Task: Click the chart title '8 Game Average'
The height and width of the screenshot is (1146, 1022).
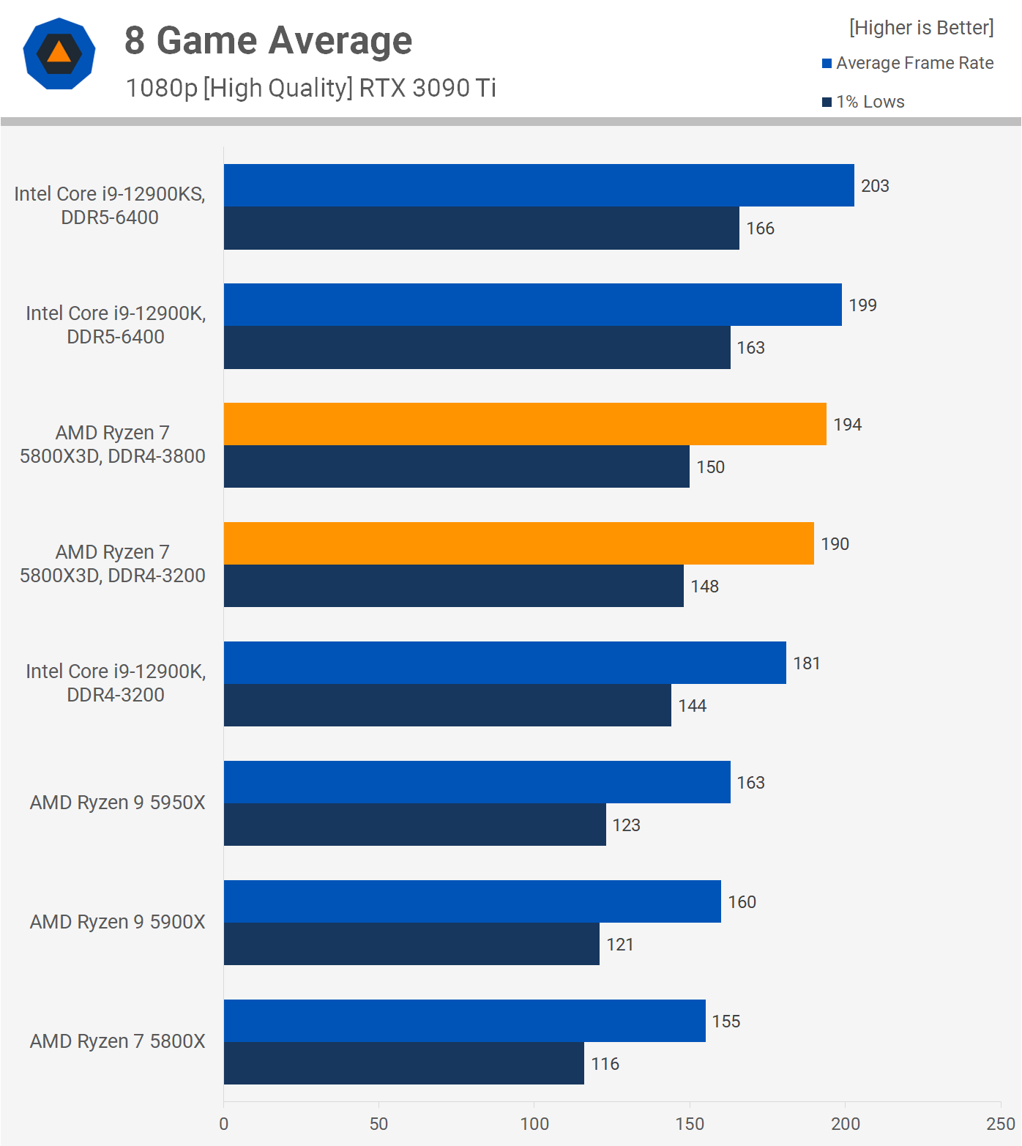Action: [268, 40]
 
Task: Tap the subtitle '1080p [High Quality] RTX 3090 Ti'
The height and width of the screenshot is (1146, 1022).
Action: [310, 88]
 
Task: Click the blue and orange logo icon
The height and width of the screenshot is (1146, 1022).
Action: [59, 53]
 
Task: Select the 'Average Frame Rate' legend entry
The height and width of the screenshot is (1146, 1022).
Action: [914, 63]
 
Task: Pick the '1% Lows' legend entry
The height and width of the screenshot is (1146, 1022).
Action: [870, 102]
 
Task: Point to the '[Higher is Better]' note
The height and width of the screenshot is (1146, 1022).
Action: [921, 28]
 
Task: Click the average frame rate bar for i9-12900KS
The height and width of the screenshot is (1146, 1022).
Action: [539, 185]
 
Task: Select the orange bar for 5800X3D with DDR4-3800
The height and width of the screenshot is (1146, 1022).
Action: [525, 424]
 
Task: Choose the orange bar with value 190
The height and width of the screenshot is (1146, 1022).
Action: [518, 543]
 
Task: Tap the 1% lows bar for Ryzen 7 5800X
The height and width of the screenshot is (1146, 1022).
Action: [403, 1063]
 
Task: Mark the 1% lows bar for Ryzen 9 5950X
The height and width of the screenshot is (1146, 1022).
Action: [414, 825]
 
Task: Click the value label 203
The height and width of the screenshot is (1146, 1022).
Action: [875, 186]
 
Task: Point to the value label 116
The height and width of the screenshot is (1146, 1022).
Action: [605, 1064]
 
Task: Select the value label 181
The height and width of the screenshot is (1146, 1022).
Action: [807, 663]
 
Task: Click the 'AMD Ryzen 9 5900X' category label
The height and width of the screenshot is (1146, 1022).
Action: [117, 922]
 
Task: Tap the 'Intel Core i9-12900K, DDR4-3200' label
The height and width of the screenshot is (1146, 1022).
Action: [116, 682]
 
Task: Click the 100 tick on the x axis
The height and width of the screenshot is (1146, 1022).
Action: [534, 1124]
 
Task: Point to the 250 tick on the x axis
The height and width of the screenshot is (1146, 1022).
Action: [1000, 1124]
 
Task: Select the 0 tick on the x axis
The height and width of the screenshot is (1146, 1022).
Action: [224, 1124]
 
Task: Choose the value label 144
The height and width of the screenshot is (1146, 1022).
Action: [693, 706]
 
